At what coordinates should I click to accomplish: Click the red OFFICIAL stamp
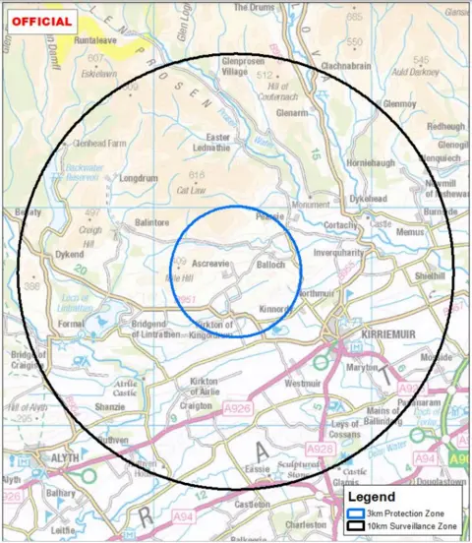[x=41, y=22]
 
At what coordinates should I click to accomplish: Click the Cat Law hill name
[x=190, y=190]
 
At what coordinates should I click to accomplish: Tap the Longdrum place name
[x=138, y=179]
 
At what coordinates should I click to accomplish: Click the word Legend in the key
[x=370, y=498]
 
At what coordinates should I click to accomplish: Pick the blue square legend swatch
[x=353, y=513]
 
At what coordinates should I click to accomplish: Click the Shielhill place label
[x=430, y=276]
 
